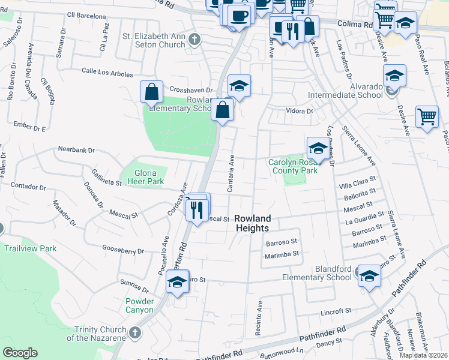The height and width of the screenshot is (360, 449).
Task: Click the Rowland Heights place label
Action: coord(252,223)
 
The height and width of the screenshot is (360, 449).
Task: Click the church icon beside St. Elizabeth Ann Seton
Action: coord(194,40)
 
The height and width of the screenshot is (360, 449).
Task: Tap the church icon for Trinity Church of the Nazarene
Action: coord(134,332)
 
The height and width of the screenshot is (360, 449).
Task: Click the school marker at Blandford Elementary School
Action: coord(370,276)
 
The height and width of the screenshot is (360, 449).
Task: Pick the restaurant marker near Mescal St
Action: coord(196,209)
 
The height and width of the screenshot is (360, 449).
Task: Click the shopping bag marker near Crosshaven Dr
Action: coord(152,92)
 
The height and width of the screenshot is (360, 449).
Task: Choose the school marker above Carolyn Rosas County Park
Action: coord(318,148)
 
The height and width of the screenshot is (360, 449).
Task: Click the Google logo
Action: coord(20,353)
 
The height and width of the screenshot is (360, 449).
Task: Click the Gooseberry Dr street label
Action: coord(123,251)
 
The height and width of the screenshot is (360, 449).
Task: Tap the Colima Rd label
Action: coord(354,25)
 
